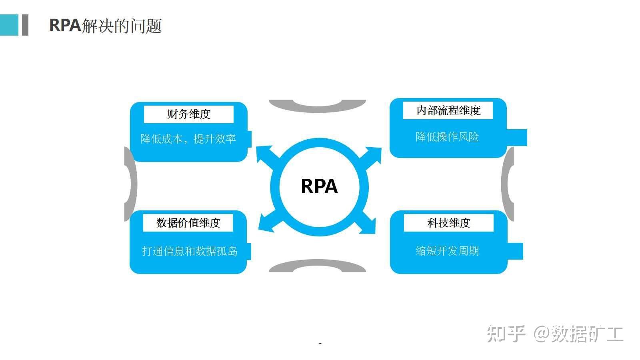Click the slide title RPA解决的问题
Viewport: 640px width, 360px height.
[x=105, y=25]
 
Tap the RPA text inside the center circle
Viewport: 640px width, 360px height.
[x=319, y=186]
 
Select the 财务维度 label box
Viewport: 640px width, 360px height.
[x=188, y=114]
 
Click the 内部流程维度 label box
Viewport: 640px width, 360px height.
[x=448, y=111]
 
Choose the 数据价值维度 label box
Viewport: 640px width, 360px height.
[x=188, y=223]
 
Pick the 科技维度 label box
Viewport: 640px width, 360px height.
[x=448, y=223]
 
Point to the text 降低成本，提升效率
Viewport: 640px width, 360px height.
[x=188, y=139]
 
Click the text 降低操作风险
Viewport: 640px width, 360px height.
[x=447, y=137]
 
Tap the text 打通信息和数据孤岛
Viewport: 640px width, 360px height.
[x=190, y=251]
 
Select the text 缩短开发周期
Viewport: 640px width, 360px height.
[x=447, y=251]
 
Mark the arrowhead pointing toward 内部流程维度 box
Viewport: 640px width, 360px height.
[x=374, y=154]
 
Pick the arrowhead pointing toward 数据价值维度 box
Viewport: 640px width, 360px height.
[x=265, y=223]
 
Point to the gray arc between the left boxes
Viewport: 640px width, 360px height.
[x=131, y=184]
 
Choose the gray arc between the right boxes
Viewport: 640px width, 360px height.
[x=507, y=184]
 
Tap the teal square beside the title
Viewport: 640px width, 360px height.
[x=9, y=25]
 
